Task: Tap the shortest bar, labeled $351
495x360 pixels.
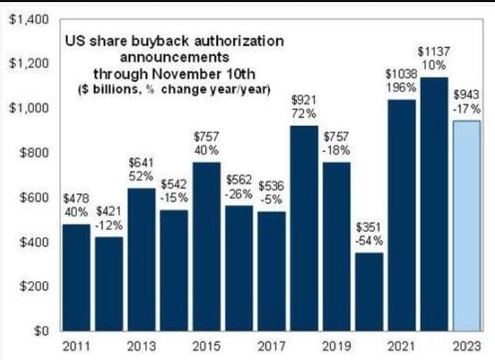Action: (369, 291)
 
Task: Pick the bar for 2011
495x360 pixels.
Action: (76, 277)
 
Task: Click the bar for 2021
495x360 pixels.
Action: (402, 215)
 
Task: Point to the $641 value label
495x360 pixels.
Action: (141, 162)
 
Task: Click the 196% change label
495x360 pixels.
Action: (402, 88)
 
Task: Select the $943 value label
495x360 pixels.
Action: (467, 95)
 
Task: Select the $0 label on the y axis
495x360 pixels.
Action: (39, 331)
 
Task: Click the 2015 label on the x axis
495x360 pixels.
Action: (206, 345)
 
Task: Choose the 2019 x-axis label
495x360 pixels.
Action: (336, 345)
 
